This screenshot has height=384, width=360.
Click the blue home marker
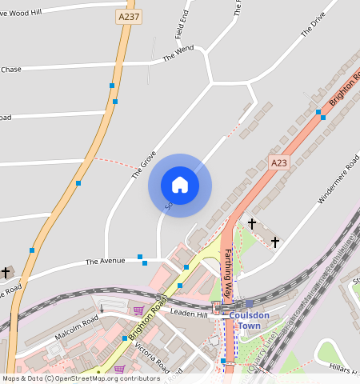pyautogui.click(x=180, y=185)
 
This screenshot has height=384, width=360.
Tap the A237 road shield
pyautogui.click(x=125, y=17)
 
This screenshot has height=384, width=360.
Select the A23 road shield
pyautogui.click(x=278, y=163)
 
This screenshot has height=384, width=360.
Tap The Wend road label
pyautogui.click(x=178, y=54)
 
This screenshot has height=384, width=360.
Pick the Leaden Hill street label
pyautogui.click(x=190, y=314)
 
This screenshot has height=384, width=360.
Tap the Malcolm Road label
pyautogui.click(x=78, y=323)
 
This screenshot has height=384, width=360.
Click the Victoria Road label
pyautogui.click(x=152, y=356)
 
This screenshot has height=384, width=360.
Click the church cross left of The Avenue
pyautogui.click(x=6, y=273)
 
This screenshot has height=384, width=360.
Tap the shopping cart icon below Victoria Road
pyautogui.click(x=120, y=369)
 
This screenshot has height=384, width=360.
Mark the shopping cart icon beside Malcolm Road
pyautogui.click(x=138, y=310)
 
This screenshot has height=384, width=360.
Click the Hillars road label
pyautogui.click(x=344, y=370)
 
